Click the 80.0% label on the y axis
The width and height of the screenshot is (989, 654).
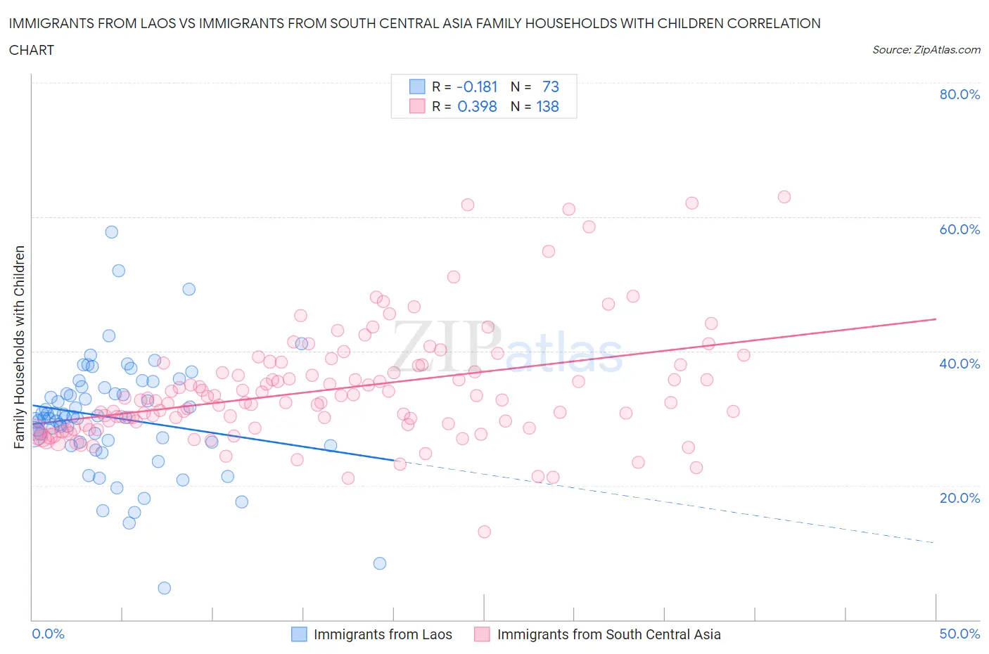[x=959, y=95]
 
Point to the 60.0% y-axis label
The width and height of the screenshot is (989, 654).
[x=959, y=229]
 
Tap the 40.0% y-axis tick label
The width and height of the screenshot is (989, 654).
[x=959, y=364]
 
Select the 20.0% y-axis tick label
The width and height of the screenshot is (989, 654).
[x=959, y=498]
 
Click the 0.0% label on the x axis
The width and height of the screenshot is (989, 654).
[x=49, y=634]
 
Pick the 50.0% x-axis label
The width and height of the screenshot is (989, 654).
[x=959, y=634]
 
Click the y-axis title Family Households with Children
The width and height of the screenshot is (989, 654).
[x=19, y=347]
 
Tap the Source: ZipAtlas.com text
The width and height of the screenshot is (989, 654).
[x=926, y=50]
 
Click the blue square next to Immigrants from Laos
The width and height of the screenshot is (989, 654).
[x=300, y=634]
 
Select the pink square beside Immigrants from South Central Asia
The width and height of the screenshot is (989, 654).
[x=482, y=634]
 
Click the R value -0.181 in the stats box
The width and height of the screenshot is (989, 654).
[x=477, y=86]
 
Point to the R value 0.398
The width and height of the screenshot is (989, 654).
[x=477, y=107]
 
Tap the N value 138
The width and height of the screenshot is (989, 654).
[x=547, y=107]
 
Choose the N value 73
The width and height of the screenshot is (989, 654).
[x=550, y=86]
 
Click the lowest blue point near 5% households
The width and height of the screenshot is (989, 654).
[x=164, y=588]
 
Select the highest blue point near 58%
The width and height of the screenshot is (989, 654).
[x=111, y=232]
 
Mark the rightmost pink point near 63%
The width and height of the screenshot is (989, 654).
[x=784, y=197]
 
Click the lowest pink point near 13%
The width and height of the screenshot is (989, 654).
[x=484, y=532]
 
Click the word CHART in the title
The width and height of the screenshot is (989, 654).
[x=32, y=50]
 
